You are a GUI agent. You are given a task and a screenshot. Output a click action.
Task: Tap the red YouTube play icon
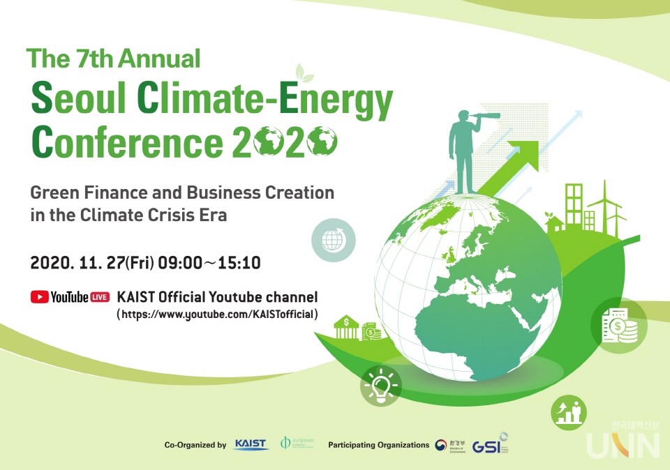(x=39, y=297)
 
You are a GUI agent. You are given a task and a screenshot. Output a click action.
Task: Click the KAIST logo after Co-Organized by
(x=251, y=444)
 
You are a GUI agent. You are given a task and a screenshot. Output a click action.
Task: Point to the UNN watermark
(x=623, y=444)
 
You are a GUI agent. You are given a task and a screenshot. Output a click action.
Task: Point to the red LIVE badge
(x=99, y=297)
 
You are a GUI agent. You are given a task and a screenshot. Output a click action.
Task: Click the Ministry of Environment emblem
(x=440, y=444)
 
